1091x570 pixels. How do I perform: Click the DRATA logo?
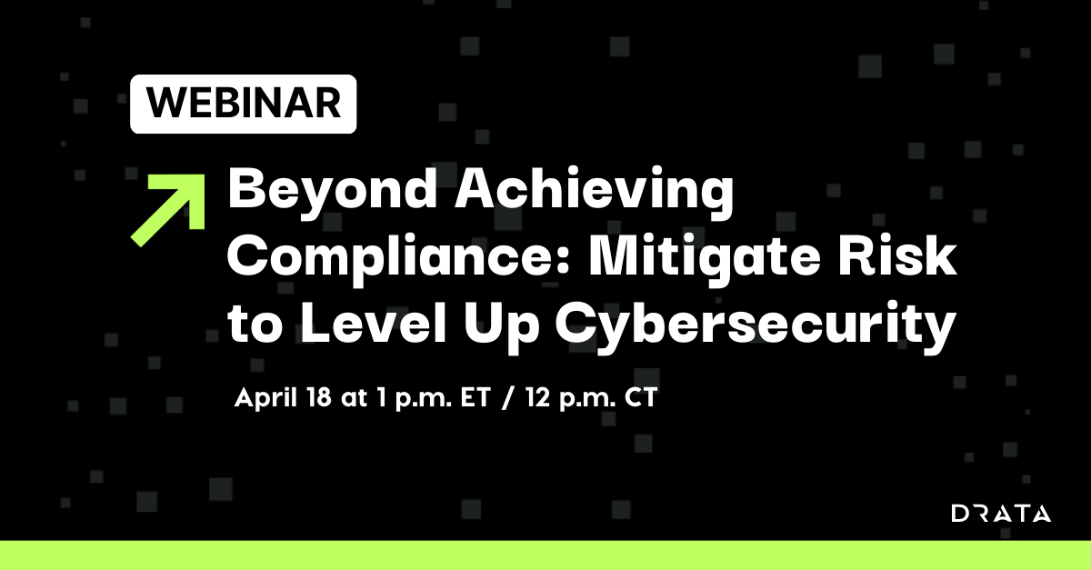click(1001, 514)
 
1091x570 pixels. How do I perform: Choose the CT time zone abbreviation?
click(636, 399)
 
